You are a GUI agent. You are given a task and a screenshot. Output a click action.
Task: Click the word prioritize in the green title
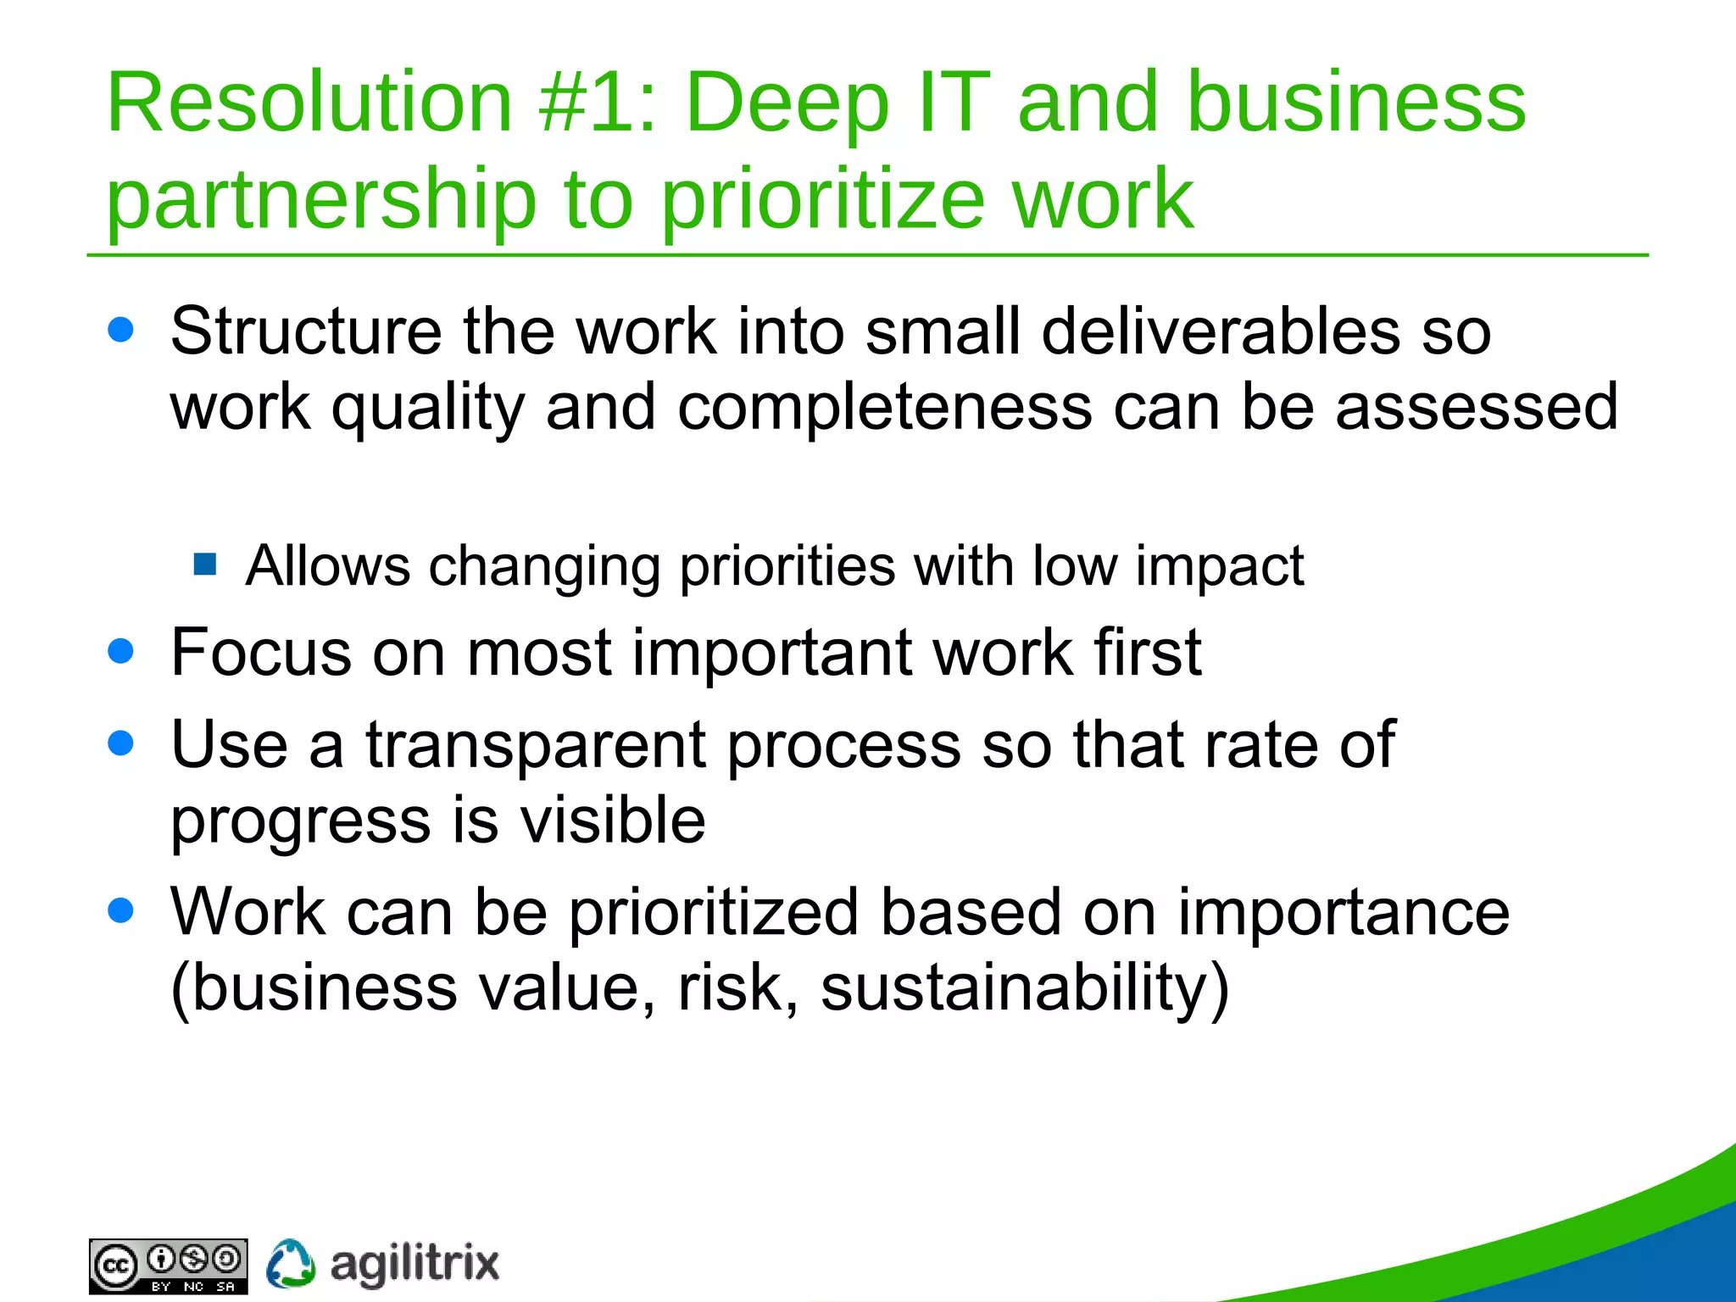pyautogui.click(x=822, y=200)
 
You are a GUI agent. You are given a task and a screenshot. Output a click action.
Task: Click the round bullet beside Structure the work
pyautogui.click(x=121, y=330)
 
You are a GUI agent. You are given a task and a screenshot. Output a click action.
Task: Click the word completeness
pyautogui.click(x=884, y=407)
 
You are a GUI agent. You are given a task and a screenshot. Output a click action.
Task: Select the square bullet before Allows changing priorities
pyautogui.click(x=205, y=564)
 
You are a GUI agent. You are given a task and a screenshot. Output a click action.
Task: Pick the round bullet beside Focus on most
pyautogui.click(x=121, y=651)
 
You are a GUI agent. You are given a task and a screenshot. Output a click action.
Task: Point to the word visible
pyautogui.click(x=612, y=820)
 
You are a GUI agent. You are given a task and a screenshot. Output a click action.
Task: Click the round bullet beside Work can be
pyautogui.click(x=121, y=910)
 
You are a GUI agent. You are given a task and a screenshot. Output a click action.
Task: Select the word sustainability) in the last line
pyautogui.click(x=1024, y=988)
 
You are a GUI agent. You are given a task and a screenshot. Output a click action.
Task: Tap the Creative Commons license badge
pyautogui.click(x=168, y=1266)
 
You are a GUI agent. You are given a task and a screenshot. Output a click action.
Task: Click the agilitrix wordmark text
pyautogui.click(x=415, y=1264)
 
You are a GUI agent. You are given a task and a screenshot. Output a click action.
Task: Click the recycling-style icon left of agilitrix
pyautogui.click(x=291, y=1264)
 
